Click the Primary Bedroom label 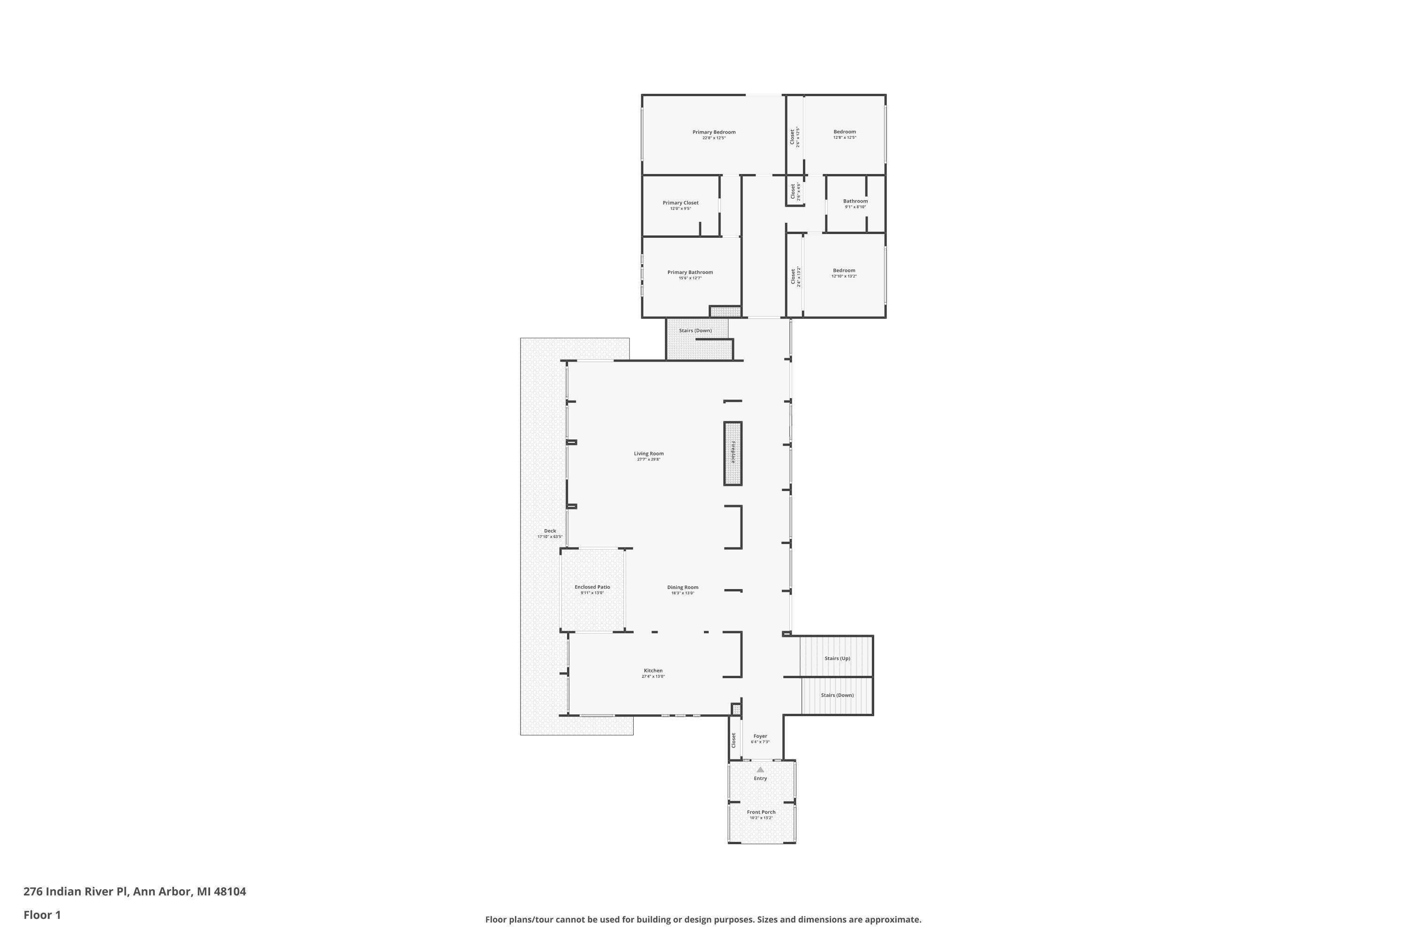(714, 132)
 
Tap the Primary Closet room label (680, 203)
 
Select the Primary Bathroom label (690, 272)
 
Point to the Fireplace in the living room (733, 453)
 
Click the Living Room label (649, 454)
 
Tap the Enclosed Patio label (592, 587)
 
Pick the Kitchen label (653, 671)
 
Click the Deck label (550, 530)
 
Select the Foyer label (760, 736)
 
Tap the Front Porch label (761, 812)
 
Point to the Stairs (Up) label (837, 658)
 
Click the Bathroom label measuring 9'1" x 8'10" (855, 201)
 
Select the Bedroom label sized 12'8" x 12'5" (845, 132)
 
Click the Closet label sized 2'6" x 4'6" (793, 191)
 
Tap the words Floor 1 (42, 915)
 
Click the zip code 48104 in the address (230, 892)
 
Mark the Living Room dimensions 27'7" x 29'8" (649, 460)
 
